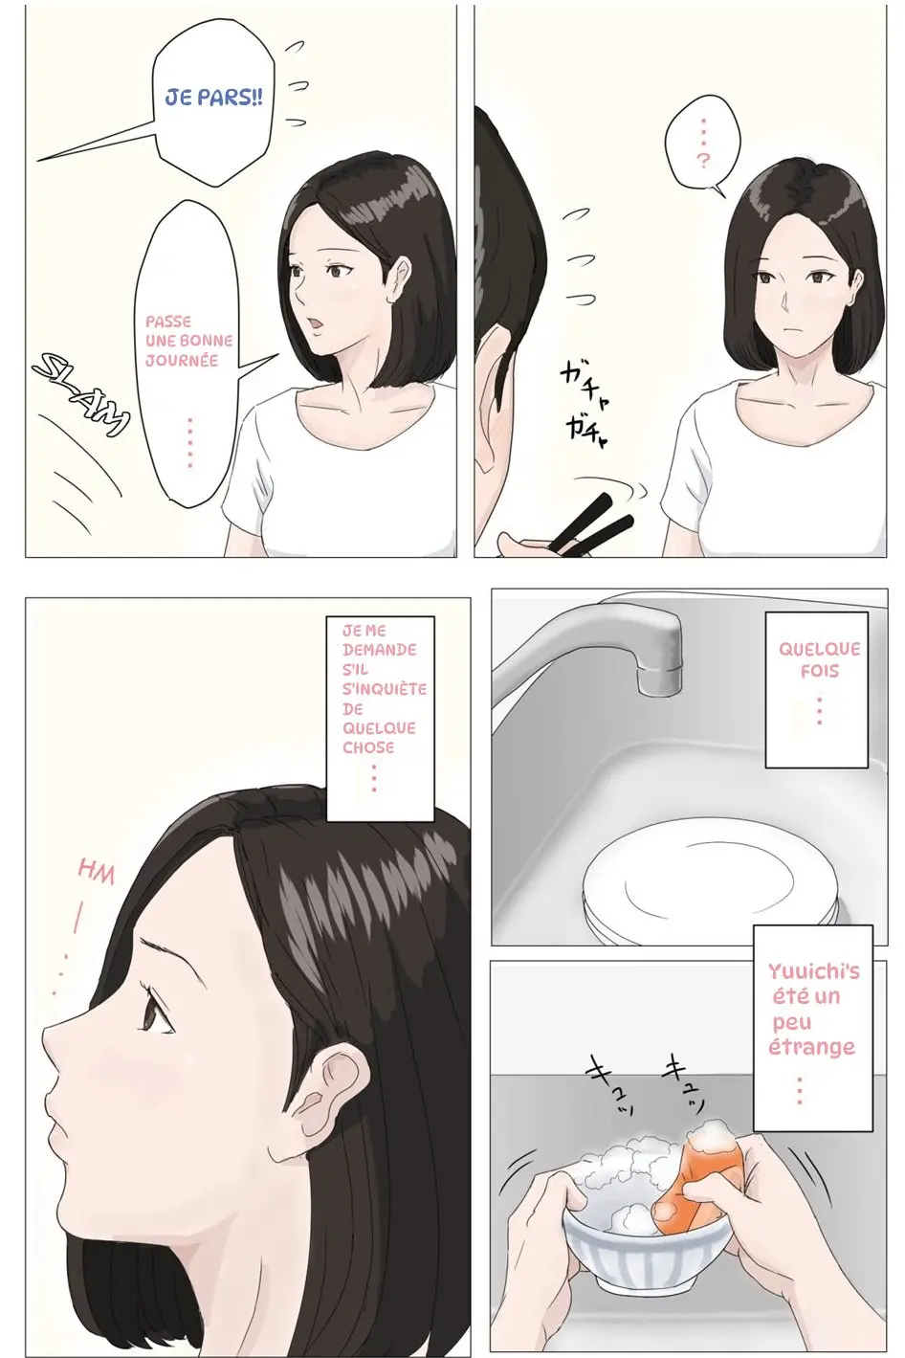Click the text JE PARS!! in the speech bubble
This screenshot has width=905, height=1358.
tap(214, 99)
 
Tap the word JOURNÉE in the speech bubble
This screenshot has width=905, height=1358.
tap(182, 361)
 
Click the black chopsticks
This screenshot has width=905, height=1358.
tap(591, 524)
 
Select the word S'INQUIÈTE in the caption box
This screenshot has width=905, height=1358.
tap(385, 689)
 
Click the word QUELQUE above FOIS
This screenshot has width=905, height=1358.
tap(819, 650)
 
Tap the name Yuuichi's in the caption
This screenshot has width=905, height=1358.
tap(813, 971)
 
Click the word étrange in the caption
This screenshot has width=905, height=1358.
tap(811, 1047)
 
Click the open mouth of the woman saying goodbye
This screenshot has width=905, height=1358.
tap(315, 323)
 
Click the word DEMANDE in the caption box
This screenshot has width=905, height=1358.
tap(380, 650)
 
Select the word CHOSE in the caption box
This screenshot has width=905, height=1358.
tap(368, 748)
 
